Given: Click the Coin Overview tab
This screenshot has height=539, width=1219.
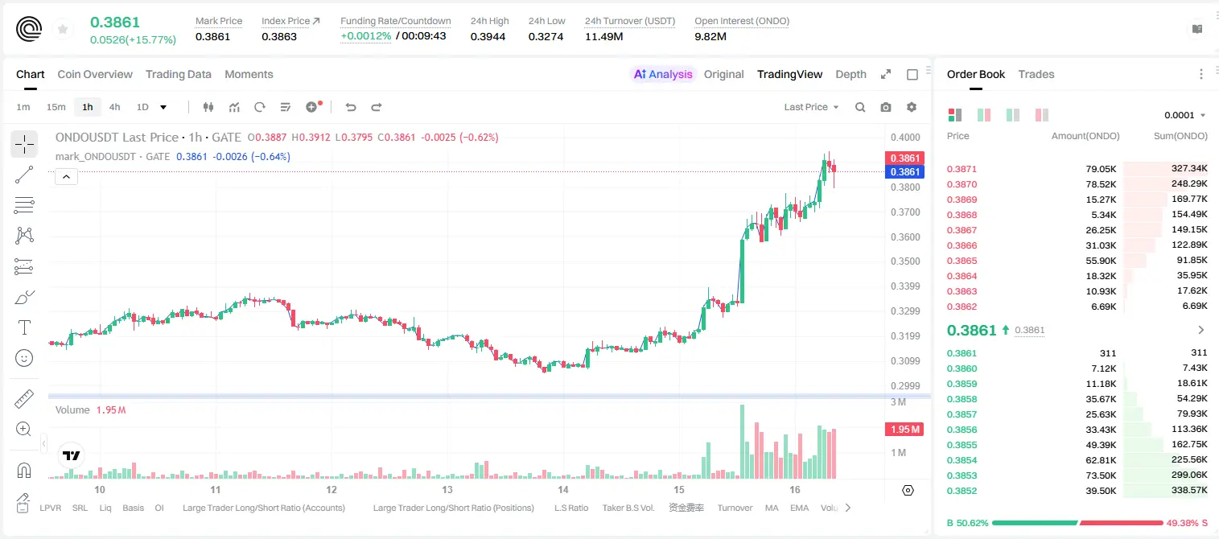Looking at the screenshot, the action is click(x=95, y=74).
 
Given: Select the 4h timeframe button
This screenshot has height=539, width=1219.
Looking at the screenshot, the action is click(x=114, y=107).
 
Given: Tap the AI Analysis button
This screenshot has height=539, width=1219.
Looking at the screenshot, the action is click(x=663, y=74).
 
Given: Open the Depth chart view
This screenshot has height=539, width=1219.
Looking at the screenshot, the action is click(x=850, y=74).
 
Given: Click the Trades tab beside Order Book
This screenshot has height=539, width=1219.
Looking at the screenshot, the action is click(x=1036, y=74).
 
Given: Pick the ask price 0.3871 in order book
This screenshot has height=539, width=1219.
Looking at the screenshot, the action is click(x=962, y=169).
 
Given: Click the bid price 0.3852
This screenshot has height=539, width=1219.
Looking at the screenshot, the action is click(x=962, y=491).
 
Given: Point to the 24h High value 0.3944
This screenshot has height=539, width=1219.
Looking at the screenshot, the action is click(x=488, y=36).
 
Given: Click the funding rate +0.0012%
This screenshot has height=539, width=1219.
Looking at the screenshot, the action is click(x=365, y=36).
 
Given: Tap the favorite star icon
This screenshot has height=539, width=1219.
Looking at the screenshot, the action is click(x=63, y=29).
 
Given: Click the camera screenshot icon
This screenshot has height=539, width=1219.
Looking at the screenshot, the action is click(x=886, y=107).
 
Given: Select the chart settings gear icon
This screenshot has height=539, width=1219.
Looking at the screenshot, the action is click(x=912, y=107).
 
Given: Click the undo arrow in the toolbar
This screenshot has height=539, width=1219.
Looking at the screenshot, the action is click(x=351, y=107).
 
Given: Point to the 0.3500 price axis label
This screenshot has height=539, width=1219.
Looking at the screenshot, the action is click(x=905, y=261).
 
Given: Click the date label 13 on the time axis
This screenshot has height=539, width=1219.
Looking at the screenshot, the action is click(x=447, y=489).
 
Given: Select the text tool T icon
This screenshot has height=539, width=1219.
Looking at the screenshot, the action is click(x=24, y=327).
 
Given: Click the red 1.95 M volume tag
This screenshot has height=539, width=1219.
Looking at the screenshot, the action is click(x=904, y=429).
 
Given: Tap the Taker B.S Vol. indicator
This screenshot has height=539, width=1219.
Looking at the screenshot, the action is click(x=628, y=508).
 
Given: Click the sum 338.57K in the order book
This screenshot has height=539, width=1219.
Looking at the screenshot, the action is click(x=1189, y=490).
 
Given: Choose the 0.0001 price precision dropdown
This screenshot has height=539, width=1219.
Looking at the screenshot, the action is click(x=1184, y=115).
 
